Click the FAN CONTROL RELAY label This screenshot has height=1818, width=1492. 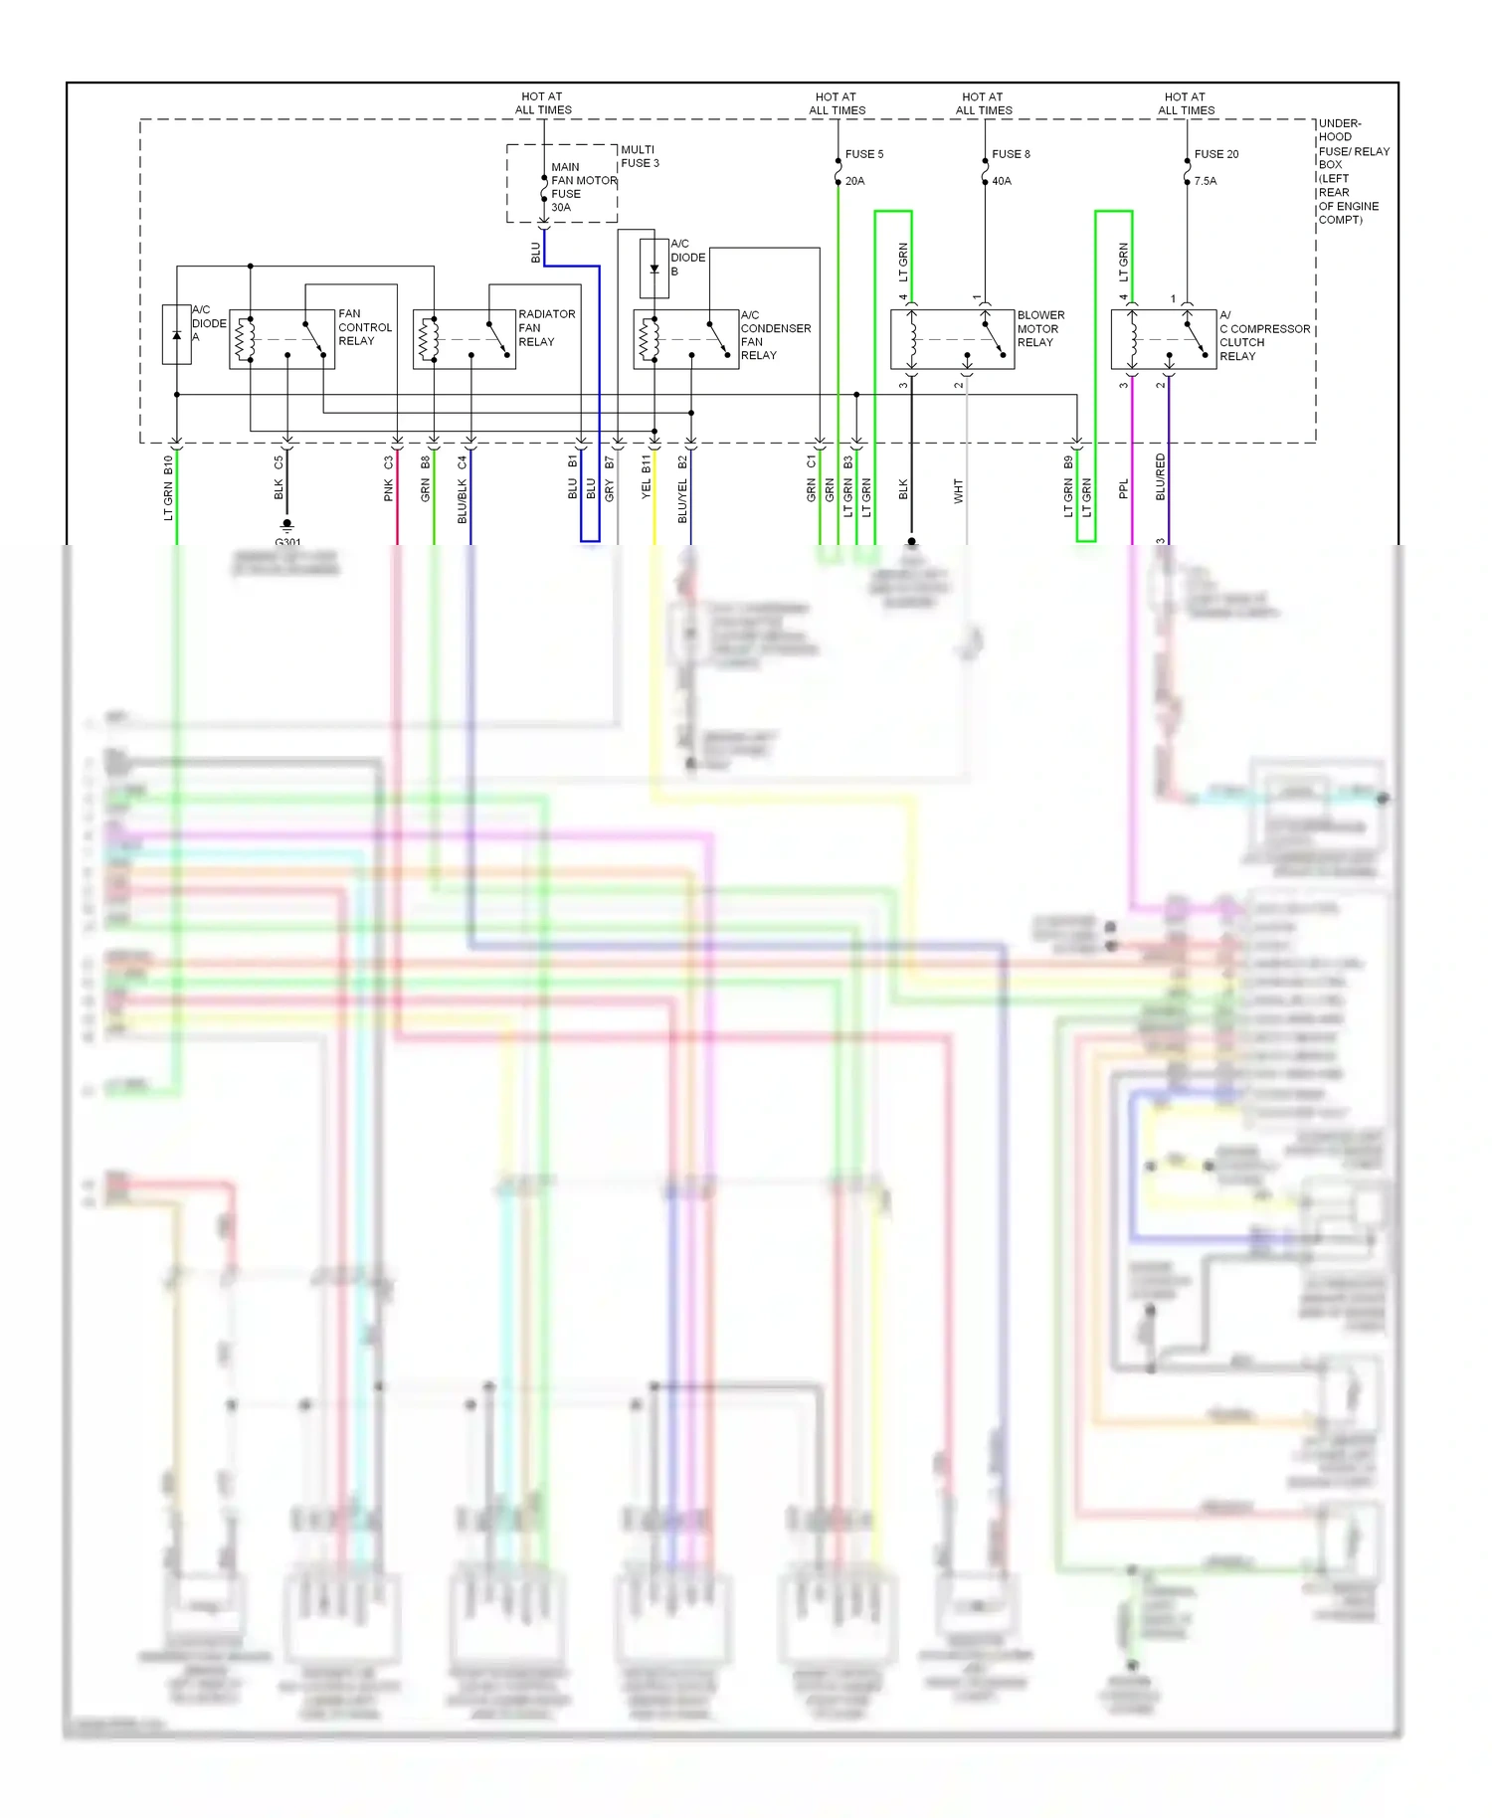tap(364, 327)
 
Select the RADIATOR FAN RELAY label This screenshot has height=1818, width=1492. tap(546, 327)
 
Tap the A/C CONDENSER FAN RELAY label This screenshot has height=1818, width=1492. tap(775, 335)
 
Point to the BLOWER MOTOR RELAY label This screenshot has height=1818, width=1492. tap(1040, 328)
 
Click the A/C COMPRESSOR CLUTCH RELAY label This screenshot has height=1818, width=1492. tap(1263, 335)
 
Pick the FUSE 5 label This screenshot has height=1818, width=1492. tap(863, 154)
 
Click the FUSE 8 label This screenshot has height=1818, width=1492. tap(1011, 154)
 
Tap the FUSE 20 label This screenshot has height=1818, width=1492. tap(1215, 154)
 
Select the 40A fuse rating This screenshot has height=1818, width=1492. tap(1001, 181)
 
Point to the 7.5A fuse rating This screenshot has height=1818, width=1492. tap(1205, 181)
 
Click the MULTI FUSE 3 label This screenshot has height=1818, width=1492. tap(640, 156)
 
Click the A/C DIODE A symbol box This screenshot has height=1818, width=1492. tap(177, 334)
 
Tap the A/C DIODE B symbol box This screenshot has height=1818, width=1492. tap(653, 269)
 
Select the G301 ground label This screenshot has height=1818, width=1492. tap(287, 541)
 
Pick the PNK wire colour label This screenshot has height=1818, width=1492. tap(389, 489)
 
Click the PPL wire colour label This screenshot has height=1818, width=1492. tap(1123, 489)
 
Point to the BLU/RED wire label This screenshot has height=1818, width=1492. tap(1160, 476)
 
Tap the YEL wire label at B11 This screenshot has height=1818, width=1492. tap(646, 489)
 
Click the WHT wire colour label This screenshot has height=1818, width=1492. tap(958, 490)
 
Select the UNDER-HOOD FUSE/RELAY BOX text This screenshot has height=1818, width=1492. tap(1353, 171)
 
